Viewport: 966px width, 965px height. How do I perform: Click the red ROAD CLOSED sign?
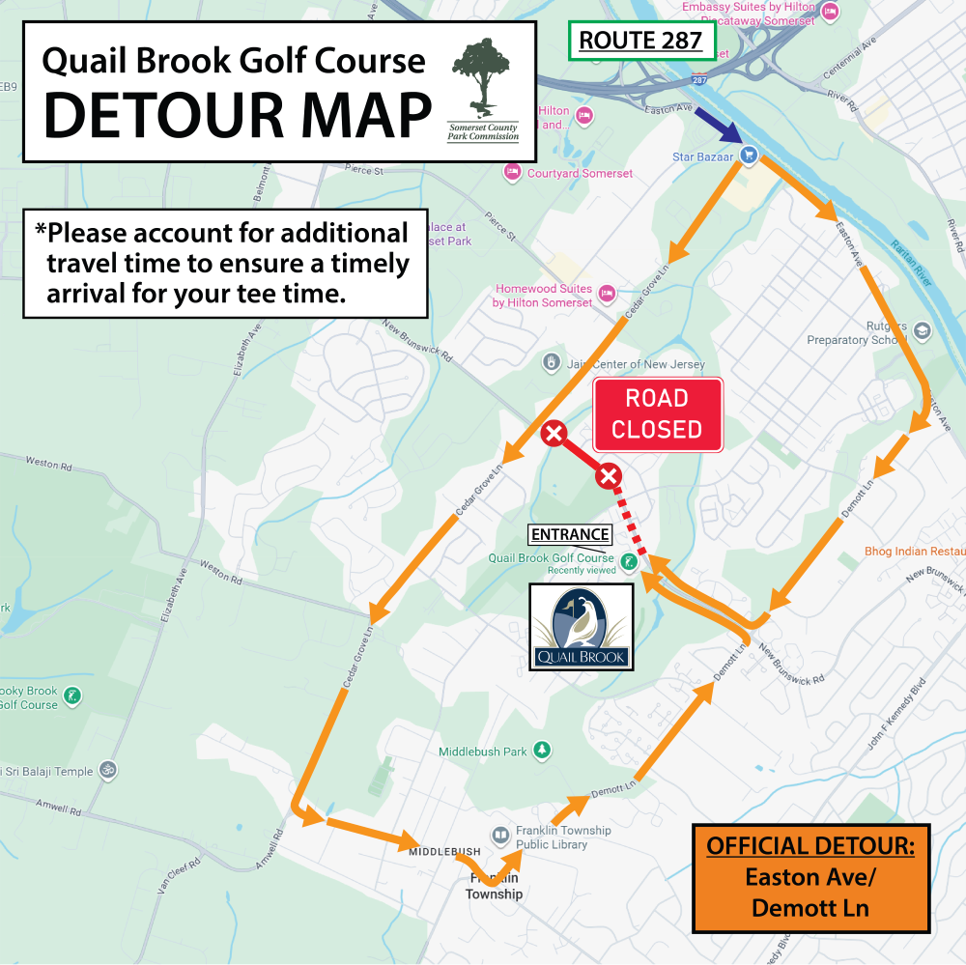(657, 414)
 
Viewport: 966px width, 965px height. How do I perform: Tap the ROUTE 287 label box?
(640, 41)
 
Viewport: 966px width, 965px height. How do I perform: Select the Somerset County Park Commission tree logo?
(482, 89)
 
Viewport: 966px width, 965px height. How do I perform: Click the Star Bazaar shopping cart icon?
(748, 155)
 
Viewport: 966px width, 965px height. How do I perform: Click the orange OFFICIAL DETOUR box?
(810, 878)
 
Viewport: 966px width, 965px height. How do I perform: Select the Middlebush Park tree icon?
(542, 751)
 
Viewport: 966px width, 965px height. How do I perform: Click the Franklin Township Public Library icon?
(500, 835)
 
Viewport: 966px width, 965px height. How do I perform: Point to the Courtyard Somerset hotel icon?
(512, 173)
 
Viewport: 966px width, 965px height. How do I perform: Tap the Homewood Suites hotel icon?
(607, 292)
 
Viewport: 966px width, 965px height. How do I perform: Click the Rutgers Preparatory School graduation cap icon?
(922, 331)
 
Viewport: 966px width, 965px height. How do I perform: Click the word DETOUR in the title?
(238, 115)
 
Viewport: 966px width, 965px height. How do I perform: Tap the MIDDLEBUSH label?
(444, 851)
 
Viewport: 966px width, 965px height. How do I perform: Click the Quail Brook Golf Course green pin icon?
(629, 560)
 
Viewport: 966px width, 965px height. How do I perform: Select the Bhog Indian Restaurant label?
(914, 552)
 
